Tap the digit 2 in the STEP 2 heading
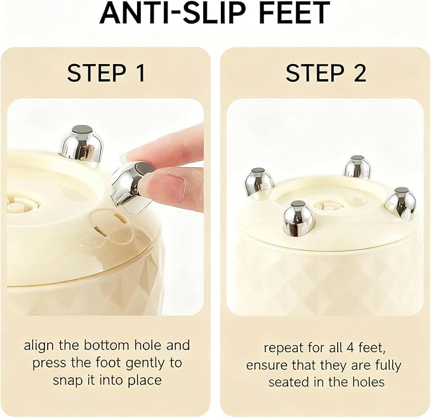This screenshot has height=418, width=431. tap(359, 73)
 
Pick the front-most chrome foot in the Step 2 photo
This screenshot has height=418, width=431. tap(298, 218)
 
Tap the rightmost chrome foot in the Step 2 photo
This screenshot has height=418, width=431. tap(401, 203)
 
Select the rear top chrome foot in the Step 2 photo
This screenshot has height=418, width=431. tap(357, 167)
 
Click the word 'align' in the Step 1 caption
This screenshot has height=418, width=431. tap(37, 345)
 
